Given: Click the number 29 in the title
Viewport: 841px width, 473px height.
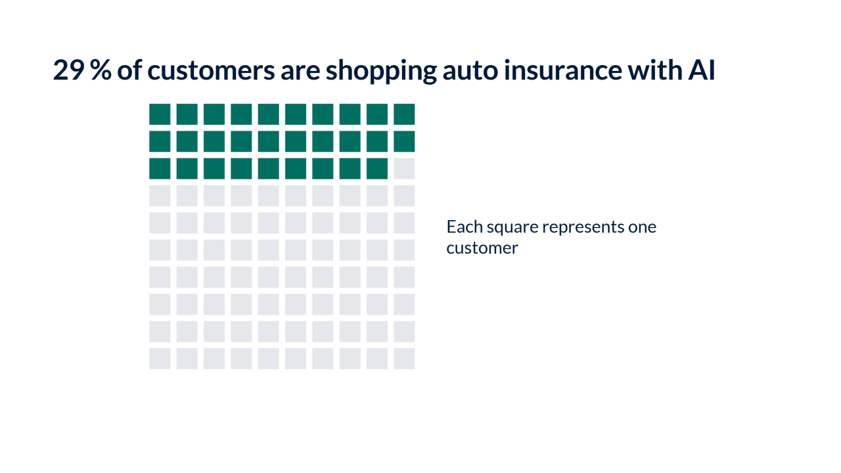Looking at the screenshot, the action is tap(69, 70).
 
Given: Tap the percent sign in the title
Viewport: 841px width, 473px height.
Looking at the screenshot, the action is tap(101, 70).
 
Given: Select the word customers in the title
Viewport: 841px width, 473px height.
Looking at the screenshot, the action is tap(211, 70).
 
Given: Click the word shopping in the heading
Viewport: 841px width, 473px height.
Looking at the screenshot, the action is tap(381, 72).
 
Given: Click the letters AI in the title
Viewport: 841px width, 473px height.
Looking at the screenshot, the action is tap(701, 70).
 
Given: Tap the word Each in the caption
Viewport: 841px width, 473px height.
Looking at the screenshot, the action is tap(465, 227).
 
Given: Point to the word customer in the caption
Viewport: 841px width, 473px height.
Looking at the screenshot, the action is tap(482, 248).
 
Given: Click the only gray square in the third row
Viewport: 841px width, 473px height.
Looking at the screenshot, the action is tap(404, 169).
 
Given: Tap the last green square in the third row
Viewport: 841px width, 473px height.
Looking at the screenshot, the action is tap(377, 169).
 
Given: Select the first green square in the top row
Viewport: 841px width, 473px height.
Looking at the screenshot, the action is tap(160, 114).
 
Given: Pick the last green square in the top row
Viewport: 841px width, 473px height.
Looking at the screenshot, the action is tap(404, 114).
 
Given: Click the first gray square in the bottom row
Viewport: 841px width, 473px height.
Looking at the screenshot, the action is tap(160, 359).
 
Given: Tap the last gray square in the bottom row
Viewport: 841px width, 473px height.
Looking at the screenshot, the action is tap(404, 359).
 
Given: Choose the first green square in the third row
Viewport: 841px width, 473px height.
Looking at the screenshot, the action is tap(160, 169).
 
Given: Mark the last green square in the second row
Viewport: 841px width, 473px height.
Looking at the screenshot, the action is tap(404, 141).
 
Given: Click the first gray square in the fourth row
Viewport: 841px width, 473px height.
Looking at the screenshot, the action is tap(160, 196).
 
